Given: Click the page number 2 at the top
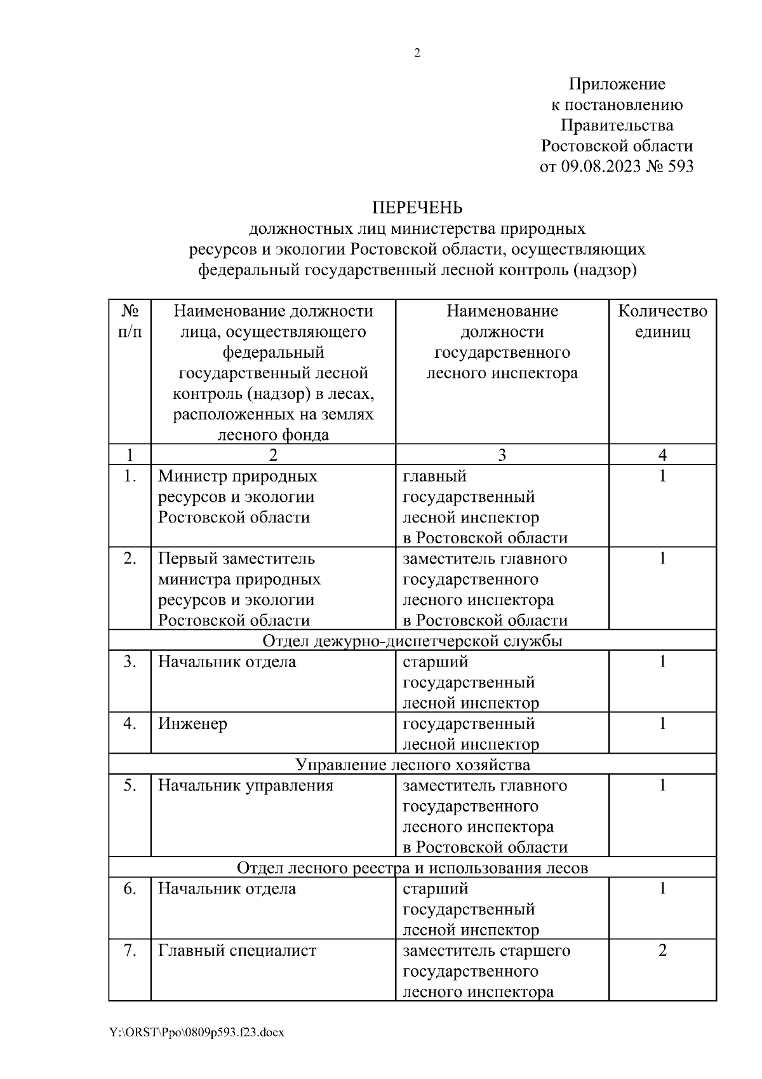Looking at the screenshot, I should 417,54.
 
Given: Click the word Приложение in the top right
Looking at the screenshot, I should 617,84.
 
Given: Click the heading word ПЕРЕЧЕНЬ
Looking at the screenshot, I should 417,208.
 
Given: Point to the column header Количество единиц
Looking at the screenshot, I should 662,321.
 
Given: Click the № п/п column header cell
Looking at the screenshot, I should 130,321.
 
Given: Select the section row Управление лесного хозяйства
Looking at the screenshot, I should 413,764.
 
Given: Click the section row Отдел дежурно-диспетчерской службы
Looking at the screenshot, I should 413,641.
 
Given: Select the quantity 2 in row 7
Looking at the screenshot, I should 662,951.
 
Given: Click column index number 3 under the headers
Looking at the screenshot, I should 502,454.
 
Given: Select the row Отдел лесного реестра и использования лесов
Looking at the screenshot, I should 413,867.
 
